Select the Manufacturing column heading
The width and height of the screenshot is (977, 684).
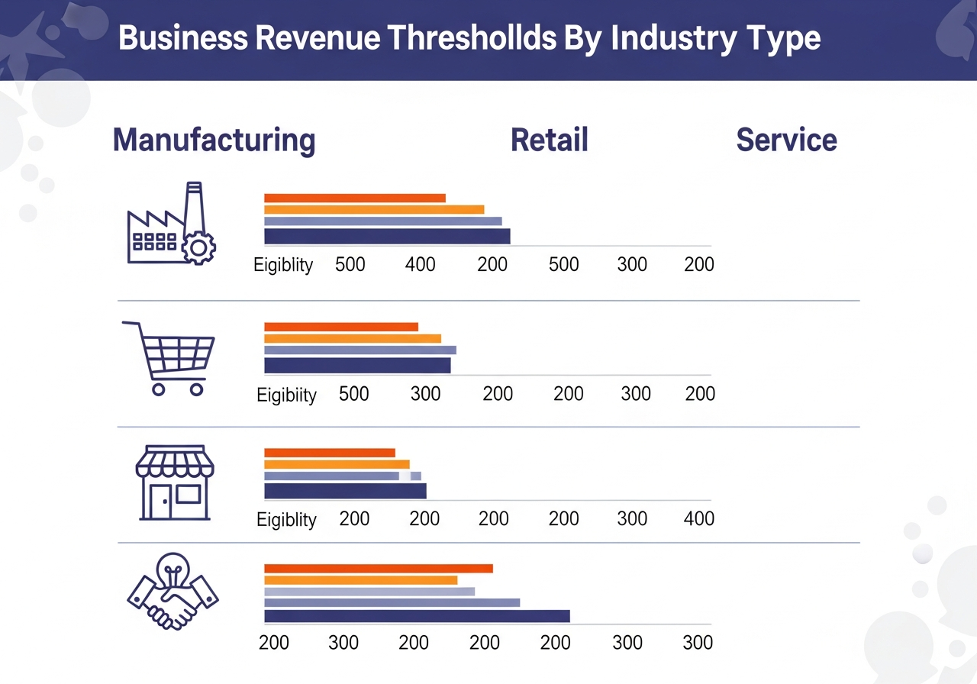(x=214, y=140)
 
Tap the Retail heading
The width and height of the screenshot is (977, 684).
(x=550, y=140)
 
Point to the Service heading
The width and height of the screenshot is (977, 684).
(x=786, y=140)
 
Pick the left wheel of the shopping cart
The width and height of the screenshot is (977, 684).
(x=159, y=389)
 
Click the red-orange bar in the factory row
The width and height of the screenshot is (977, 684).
(x=355, y=198)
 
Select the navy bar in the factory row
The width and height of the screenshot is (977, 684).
(x=387, y=237)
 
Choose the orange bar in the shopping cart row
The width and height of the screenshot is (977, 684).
(x=353, y=338)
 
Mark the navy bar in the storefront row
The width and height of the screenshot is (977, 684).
(x=345, y=490)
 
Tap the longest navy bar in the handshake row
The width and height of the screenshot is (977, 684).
(x=417, y=616)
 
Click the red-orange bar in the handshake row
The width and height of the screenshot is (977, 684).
(x=379, y=568)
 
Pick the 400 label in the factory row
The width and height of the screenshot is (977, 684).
(x=421, y=265)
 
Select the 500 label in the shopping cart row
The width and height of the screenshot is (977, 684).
(x=353, y=394)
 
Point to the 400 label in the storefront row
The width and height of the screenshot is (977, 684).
(x=699, y=519)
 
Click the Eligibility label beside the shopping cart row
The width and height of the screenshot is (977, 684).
(x=286, y=395)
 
